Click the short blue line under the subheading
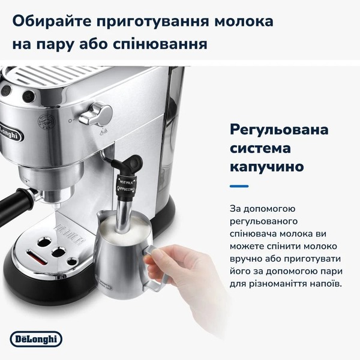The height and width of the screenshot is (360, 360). (x=239, y=187)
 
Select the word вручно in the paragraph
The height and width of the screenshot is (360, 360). (x=247, y=259)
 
